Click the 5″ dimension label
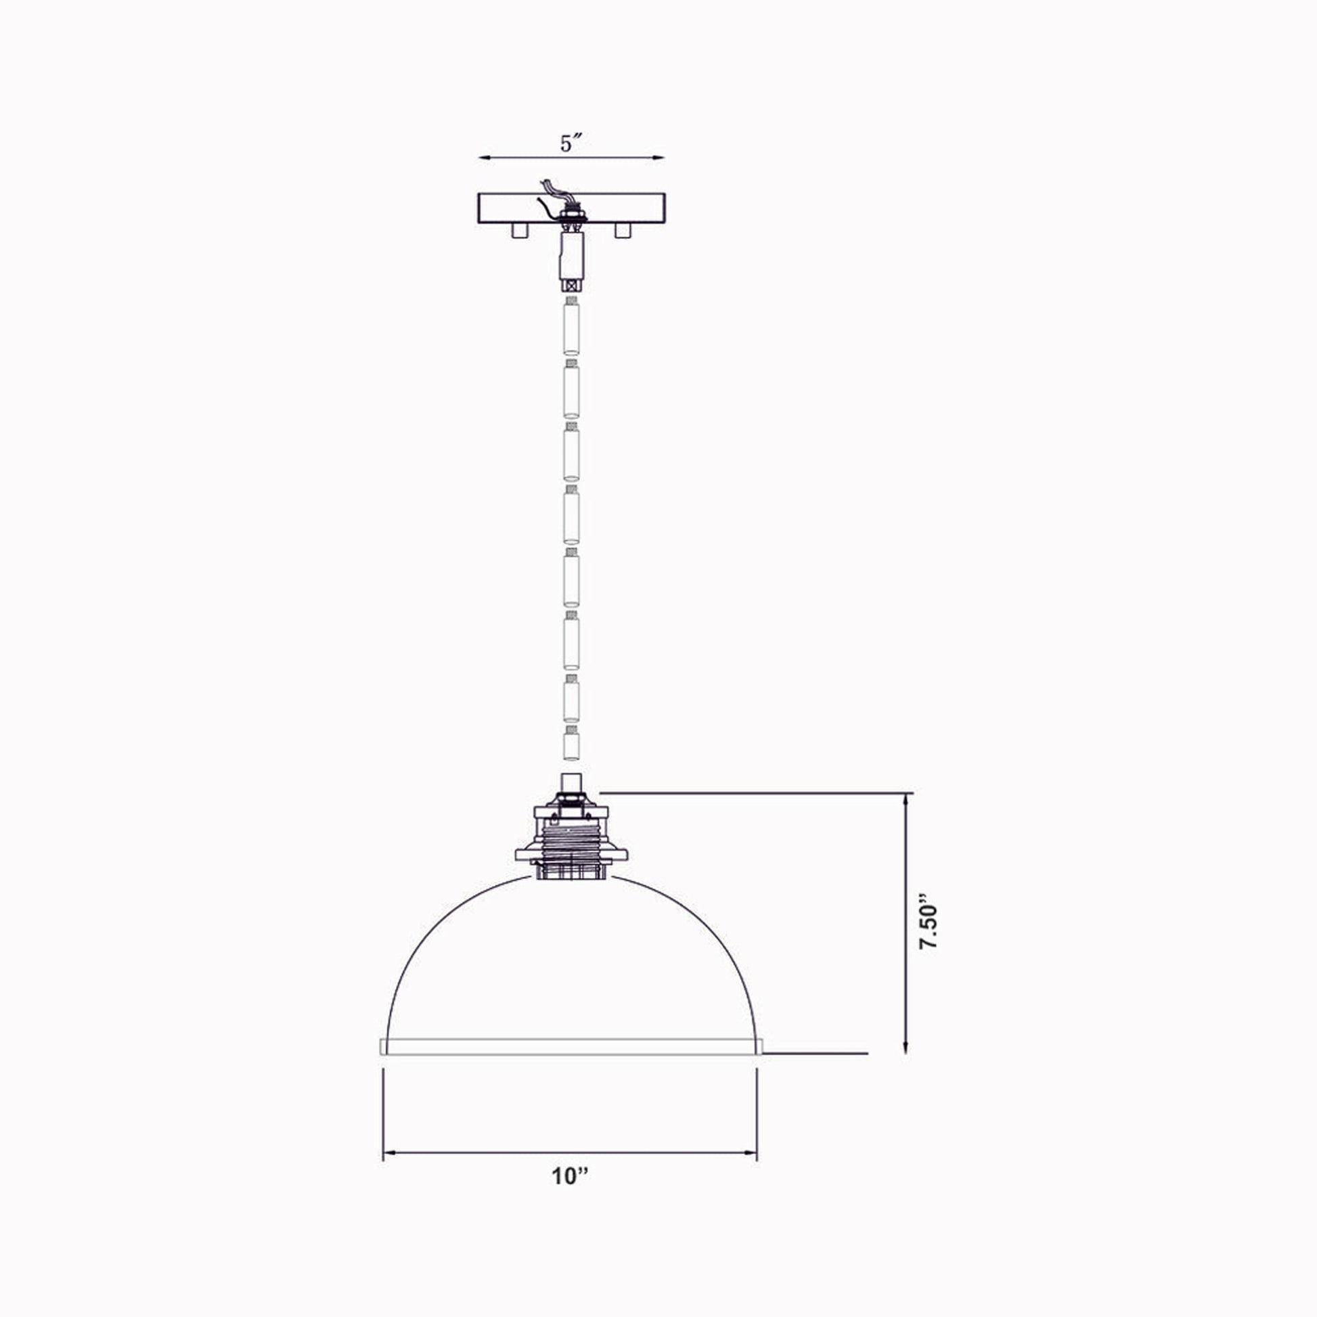(x=571, y=144)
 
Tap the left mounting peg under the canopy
(x=520, y=230)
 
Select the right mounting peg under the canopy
(x=622, y=230)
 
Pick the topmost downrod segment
(x=571, y=328)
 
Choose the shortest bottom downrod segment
(x=571, y=746)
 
